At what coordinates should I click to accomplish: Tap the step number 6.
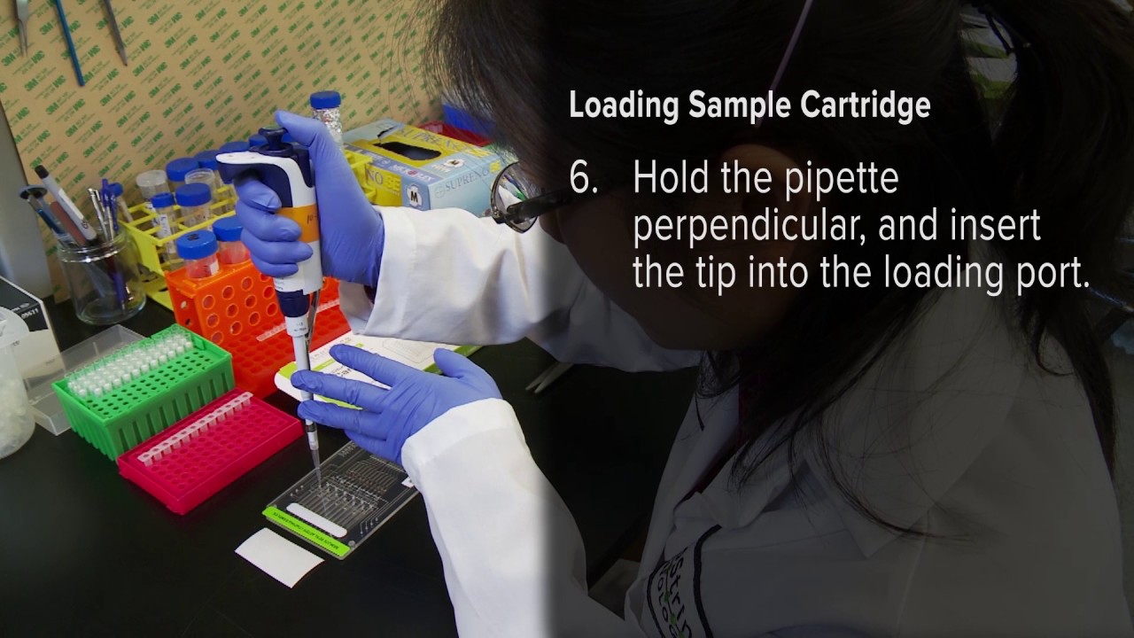[583, 179]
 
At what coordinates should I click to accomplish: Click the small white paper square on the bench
[278, 556]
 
